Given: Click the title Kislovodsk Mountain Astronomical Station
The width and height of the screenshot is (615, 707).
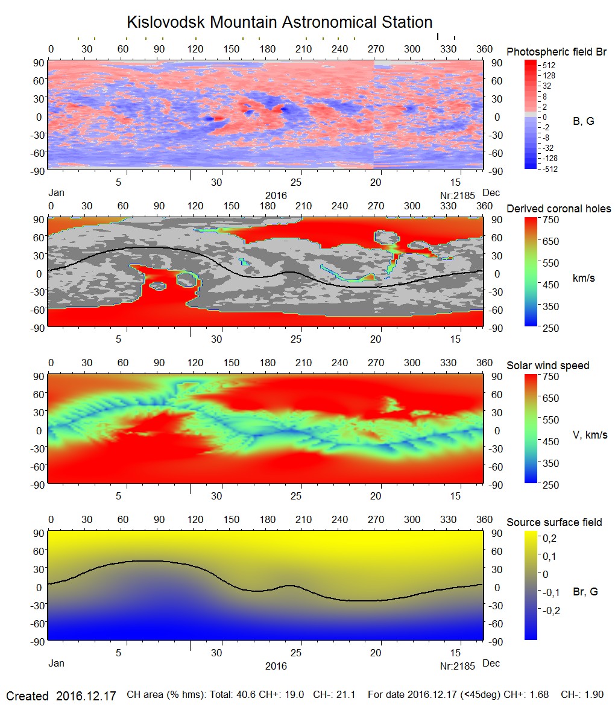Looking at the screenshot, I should (279, 22).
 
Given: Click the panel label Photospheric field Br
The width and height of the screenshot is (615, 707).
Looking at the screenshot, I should (557, 52).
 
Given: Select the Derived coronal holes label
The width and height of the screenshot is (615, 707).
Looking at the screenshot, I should (558, 209).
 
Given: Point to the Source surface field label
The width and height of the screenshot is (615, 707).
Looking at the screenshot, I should (554, 522).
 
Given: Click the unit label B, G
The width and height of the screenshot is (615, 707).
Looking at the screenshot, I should (583, 121).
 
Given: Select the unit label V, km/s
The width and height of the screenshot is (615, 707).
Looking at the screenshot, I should (590, 435).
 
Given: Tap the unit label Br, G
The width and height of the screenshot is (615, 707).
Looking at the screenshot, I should (585, 592).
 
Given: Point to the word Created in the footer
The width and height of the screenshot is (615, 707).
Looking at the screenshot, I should (27, 696).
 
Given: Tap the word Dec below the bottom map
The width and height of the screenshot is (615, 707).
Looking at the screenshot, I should (491, 664).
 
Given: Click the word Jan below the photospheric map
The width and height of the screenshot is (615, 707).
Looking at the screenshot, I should (55, 193).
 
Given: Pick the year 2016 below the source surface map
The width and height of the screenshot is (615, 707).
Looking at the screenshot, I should (276, 666).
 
